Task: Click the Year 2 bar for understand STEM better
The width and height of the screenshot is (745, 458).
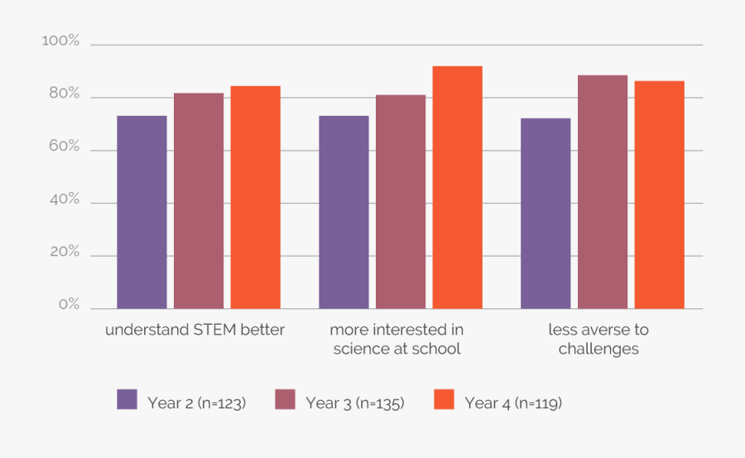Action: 142,212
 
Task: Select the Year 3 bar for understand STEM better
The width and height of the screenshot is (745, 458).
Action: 199,201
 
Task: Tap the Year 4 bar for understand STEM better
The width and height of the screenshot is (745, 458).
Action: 256,197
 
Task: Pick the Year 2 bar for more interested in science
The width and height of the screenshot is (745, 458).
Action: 344,212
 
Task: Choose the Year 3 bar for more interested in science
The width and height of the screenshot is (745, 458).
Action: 401,202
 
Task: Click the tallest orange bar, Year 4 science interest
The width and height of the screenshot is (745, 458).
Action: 458,187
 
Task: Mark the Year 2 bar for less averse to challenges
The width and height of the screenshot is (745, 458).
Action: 546,214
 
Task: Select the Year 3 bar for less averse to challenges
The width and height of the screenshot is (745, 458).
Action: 603,192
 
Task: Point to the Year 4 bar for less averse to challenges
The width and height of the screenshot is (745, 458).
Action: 660,195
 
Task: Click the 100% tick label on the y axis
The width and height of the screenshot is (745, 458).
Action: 60,41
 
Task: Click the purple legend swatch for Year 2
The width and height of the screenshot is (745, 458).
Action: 127,400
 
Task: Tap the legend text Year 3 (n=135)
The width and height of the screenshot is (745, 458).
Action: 354,403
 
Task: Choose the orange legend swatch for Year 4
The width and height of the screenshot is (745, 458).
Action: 445,400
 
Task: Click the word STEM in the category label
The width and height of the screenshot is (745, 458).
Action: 215,330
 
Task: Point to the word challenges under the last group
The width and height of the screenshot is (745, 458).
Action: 598,349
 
